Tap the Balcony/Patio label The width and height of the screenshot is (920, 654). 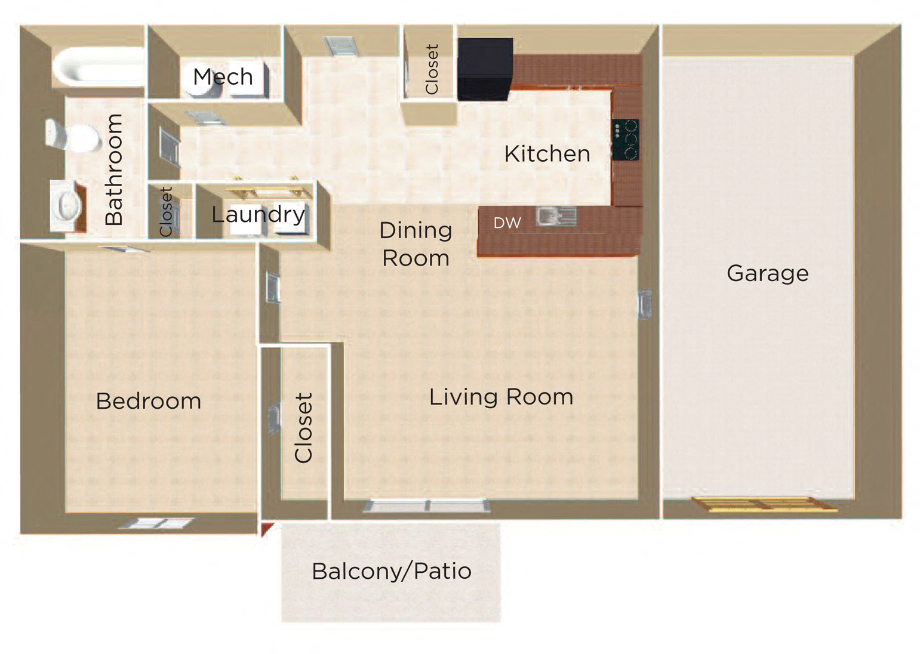pos(392,572)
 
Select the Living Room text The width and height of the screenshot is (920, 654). pos(501,397)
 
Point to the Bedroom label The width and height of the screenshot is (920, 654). pos(148,401)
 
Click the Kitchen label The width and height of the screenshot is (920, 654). pos(547,154)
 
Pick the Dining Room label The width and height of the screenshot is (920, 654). pos(416,244)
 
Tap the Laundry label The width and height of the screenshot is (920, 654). pos(259,214)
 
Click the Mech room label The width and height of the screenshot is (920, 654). pos(223,77)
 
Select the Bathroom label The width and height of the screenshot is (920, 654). pos(114,169)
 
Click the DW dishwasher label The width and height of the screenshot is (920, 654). pos(507,223)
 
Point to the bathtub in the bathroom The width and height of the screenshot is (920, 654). pos(99,67)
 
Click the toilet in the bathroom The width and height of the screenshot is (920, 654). pos(73,135)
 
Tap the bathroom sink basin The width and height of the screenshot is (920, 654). pos(68,205)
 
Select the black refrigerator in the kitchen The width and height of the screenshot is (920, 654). pos(485,69)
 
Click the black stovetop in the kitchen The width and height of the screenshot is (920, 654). pos(626,140)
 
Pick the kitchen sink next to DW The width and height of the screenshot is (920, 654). pos(556,216)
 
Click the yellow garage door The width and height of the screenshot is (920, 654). pos(764,505)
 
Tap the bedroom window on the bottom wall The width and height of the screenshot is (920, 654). pos(156,523)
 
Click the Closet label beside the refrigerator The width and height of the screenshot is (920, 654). pos(432,69)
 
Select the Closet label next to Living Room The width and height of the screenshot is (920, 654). pos(304,428)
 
